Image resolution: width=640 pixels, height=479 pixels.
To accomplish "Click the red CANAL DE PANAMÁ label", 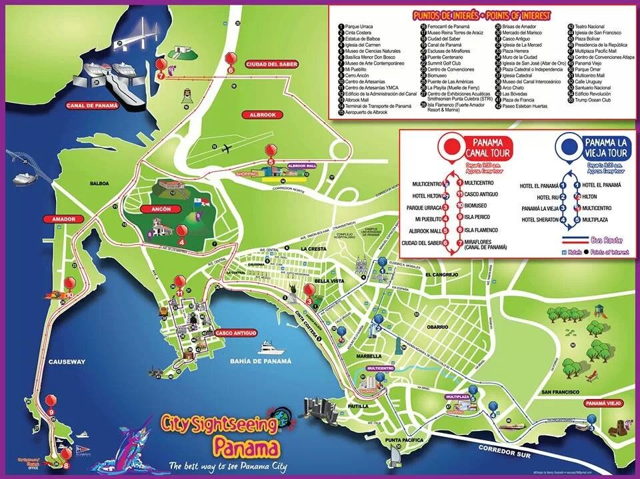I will [x=91, y=105].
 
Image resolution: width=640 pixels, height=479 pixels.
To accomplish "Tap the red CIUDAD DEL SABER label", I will [x=271, y=64].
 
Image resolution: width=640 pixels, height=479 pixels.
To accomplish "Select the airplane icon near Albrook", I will [x=228, y=148].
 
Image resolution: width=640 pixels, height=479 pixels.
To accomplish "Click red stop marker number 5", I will [x=271, y=152].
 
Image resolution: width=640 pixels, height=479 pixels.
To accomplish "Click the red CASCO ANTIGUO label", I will [x=236, y=332].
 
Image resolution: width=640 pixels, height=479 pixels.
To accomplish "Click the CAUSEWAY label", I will [x=67, y=362].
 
